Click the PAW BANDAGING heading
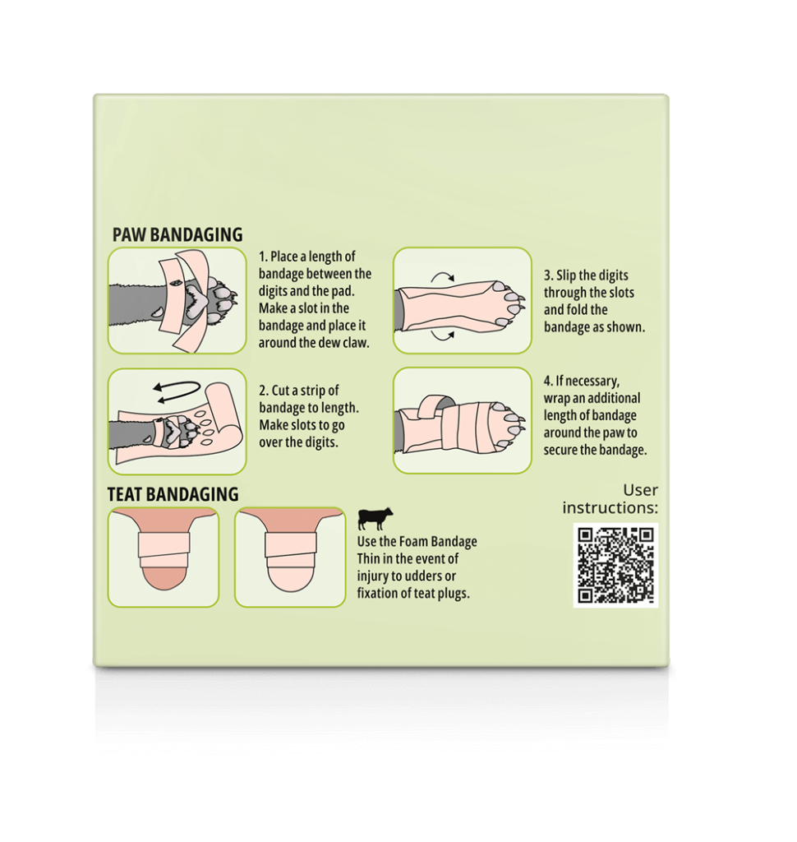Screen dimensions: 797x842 [177, 234]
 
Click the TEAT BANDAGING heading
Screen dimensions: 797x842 [173, 494]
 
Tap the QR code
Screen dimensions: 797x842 [615, 565]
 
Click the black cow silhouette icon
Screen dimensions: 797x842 [375, 518]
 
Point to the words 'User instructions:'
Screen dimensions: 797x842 [610, 499]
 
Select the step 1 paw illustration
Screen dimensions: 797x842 [177, 300]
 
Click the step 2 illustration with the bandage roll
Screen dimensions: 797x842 [177, 422]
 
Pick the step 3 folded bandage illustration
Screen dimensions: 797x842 [462, 300]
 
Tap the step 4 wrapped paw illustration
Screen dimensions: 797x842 [462, 420]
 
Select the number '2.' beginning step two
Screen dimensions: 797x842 [264, 391]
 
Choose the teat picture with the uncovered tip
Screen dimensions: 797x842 [164, 557]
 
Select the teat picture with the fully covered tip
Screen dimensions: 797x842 [290, 557]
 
